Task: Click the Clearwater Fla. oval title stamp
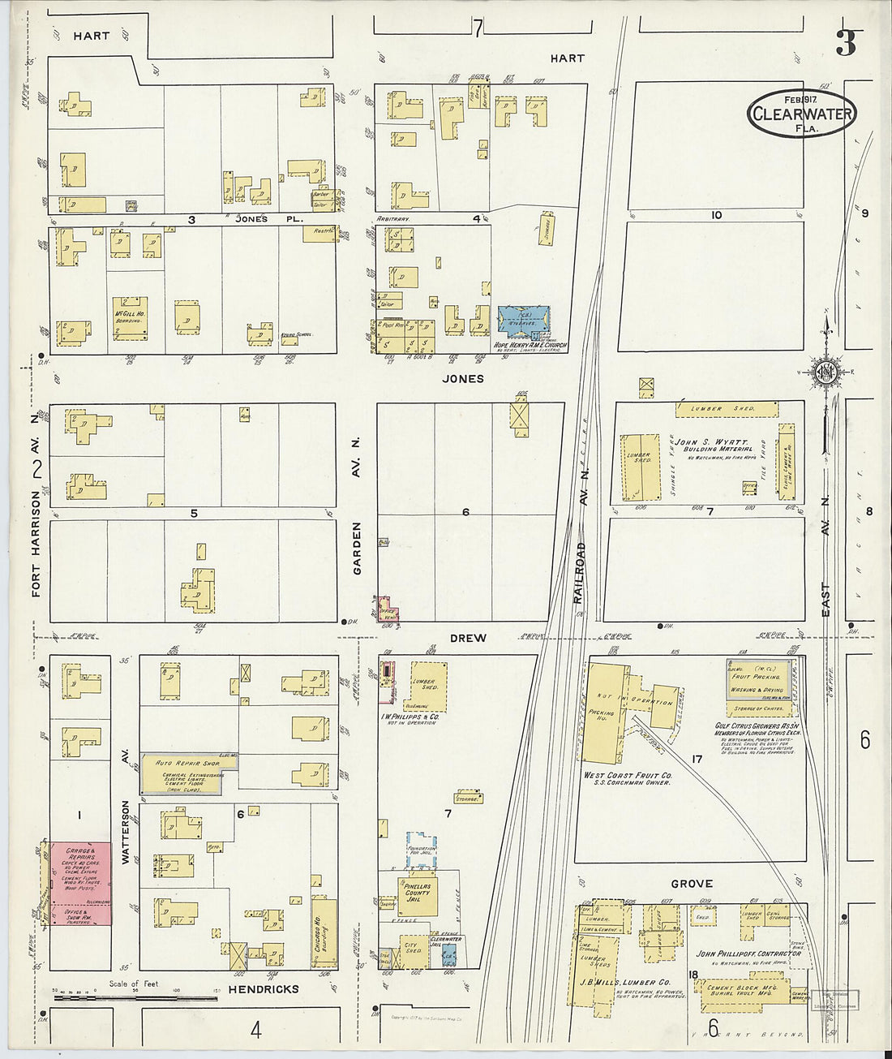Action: (x=801, y=114)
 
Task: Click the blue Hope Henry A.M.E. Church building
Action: (x=524, y=321)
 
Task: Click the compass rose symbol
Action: (x=827, y=372)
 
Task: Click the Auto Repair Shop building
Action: (x=189, y=773)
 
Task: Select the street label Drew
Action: (x=468, y=638)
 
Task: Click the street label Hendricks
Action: (x=263, y=989)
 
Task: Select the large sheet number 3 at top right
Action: (x=846, y=44)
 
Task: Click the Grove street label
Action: (x=691, y=884)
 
